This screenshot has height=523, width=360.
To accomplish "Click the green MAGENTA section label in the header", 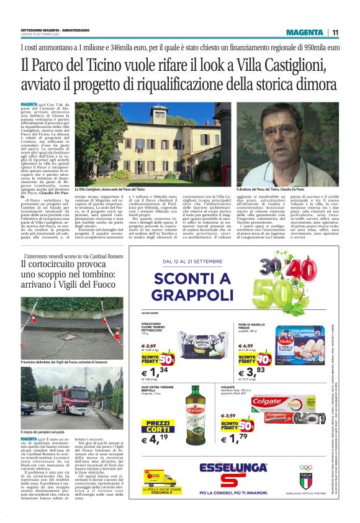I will [305, 32].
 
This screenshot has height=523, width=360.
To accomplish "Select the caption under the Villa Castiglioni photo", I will [110, 188].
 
